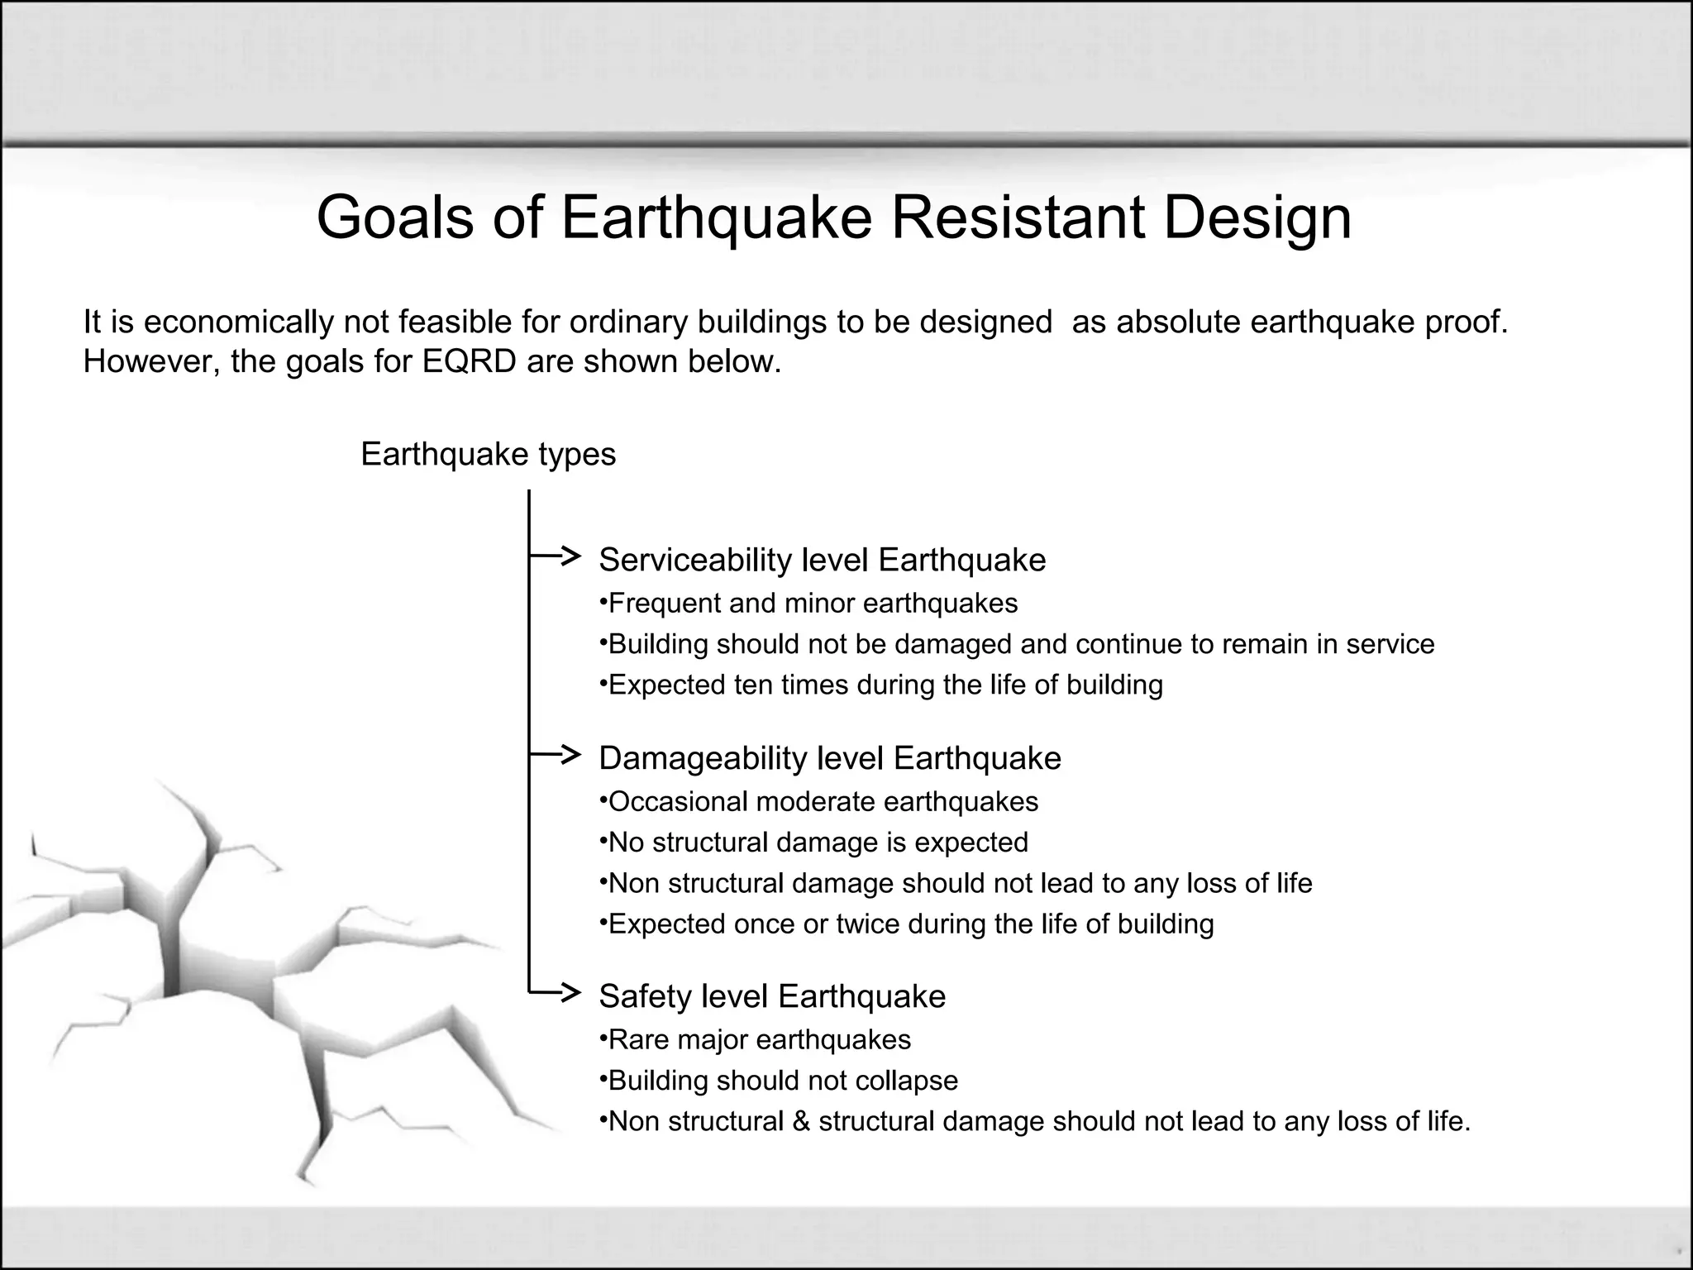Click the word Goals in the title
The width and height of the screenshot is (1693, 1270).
point(394,217)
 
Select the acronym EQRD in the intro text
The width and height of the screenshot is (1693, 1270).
point(470,362)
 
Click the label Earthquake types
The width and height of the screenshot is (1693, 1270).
point(488,455)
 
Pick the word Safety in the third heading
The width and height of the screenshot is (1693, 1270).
point(644,996)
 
